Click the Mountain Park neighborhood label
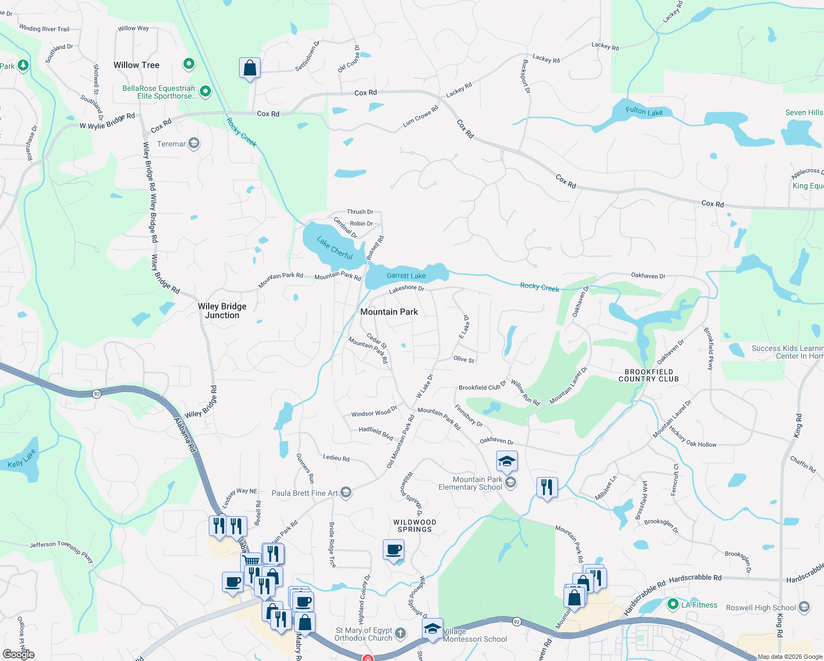tap(389, 312)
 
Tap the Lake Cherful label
tap(335, 247)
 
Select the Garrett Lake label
tap(406, 275)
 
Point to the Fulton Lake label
tap(644, 111)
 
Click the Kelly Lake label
tap(22, 458)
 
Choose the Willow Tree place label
tap(136, 65)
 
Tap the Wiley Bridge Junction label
tap(222, 311)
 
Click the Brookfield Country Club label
tap(648, 375)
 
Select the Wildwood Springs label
tap(415, 525)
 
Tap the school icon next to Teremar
tap(193, 144)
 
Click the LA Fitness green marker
tap(673, 604)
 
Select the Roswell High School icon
tap(804, 607)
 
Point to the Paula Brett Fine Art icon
tap(346, 492)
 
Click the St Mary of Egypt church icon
tap(400, 634)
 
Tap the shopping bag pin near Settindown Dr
tap(250, 68)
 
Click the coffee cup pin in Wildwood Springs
tap(393, 550)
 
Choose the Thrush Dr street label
tap(360, 212)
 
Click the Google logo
tap(19, 654)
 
